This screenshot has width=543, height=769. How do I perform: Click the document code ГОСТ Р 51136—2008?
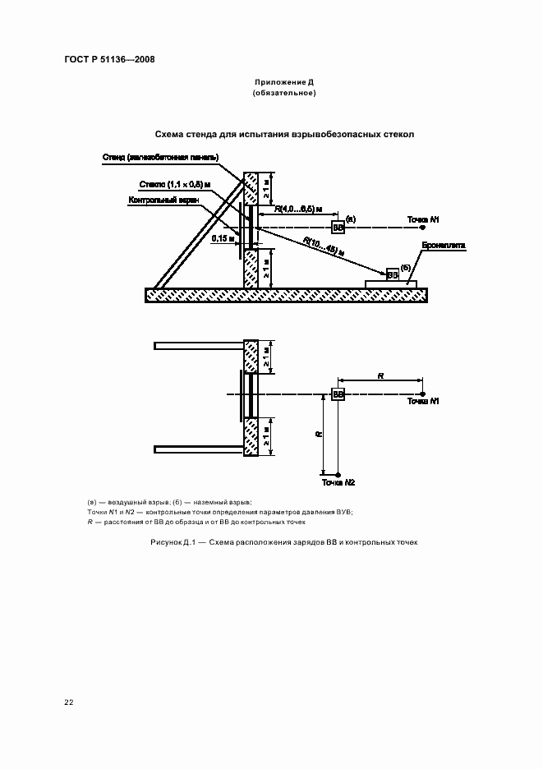pos(109,59)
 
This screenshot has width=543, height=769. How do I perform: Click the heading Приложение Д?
pos(284,83)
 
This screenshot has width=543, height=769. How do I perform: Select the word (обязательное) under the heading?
pos(284,93)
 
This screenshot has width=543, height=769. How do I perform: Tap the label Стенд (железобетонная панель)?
pos(161,156)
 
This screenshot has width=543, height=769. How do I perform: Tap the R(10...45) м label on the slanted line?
pos(323,246)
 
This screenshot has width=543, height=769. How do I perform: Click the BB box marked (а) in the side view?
pos(338,227)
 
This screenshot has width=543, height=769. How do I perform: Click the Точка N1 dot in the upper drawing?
pos(422,227)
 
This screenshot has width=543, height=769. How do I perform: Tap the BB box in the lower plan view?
pos(338,395)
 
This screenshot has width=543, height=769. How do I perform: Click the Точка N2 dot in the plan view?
pos(338,474)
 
